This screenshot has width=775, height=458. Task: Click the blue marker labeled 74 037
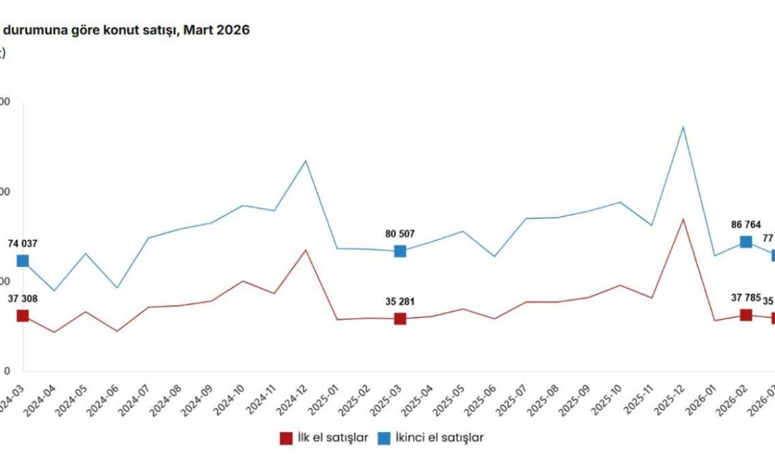(x=23, y=261)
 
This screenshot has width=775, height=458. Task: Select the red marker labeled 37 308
(x=23, y=316)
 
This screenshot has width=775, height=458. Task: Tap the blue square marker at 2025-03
(x=400, y=251)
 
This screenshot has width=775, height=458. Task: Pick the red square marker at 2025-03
(x=400, y=318)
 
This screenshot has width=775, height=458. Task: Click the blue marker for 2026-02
(x=746, y=242)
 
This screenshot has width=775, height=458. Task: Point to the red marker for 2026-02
(x=746, y=315)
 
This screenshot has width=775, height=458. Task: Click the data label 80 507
(x=400, y=234)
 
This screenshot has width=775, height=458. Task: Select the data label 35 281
(x=400, y=302)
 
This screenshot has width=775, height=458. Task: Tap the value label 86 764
(x=746, y=225)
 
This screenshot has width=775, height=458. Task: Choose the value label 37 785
(x=746, y=297)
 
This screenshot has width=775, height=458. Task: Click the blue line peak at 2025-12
(x=683, y=127)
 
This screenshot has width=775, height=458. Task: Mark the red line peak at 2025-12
(x=683, y=219)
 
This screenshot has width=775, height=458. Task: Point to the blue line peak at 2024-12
(x=305, y=161)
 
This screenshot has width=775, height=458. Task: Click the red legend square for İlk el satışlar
(x=287, y=438)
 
